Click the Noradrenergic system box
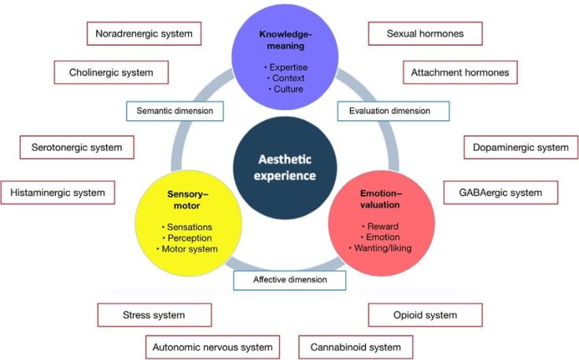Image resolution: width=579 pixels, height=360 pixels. (x=144, y=34)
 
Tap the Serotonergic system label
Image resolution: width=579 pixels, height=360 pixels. (x=77, y=147)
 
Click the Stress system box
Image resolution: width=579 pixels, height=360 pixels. (x=155, y=315)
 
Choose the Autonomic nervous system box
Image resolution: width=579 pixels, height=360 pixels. (x=212, y=347)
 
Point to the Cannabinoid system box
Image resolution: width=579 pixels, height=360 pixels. (x=356, y=347)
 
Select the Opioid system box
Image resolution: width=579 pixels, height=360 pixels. (x=425, y=315)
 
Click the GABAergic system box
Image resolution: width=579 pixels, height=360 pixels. (x=499, y=192)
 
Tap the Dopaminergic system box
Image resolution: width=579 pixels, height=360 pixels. (x=520, y=147)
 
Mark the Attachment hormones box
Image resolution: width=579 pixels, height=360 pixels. (x=460, y=72)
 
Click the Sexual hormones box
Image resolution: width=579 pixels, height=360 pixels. (x=425, y=34)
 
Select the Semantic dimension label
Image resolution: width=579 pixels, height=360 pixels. (x=174, y=111)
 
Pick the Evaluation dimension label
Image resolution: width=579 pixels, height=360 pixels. (x=394, y=111)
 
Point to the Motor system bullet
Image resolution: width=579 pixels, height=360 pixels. (x=189, y=249)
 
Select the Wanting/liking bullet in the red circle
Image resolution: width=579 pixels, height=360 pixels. (x=381, y=249)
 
